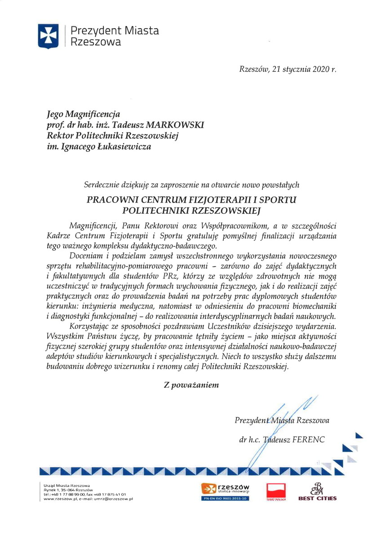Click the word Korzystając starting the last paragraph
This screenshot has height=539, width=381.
[93, 326]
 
